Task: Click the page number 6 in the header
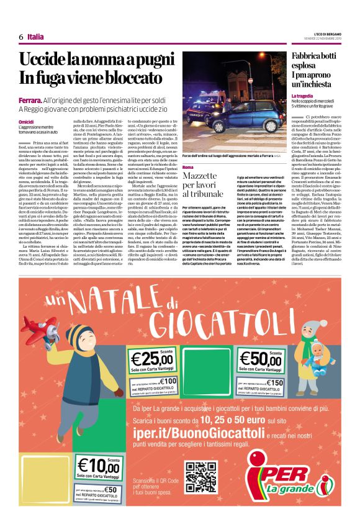point(21,37)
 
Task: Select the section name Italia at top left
point(36,37)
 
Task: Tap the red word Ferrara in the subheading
point(30,100)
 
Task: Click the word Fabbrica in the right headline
point(308,57)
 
